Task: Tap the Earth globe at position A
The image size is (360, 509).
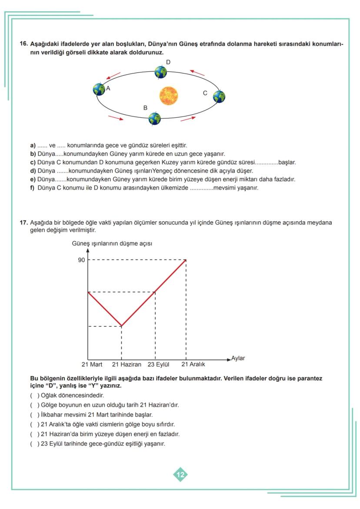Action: pos(99,89)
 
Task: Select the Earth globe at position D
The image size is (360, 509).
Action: pos(161,72)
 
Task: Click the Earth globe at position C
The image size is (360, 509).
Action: pos(219,96)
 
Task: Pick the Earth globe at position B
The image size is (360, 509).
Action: pos(154,118)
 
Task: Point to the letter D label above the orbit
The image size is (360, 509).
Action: pos(168,62)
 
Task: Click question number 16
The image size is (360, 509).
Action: pos(24,44)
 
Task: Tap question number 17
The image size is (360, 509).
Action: pos(24,223)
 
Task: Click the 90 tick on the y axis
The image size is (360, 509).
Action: pos(81,260)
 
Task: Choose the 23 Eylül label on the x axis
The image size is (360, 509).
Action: pos(158,364)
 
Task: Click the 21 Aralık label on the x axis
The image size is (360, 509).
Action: pos(193,364)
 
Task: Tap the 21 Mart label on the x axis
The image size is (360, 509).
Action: pos(92,364)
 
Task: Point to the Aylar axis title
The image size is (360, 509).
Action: pos(238,358)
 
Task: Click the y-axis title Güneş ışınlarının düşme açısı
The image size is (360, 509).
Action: pos(112,243)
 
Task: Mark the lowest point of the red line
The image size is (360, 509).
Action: pos(121,326)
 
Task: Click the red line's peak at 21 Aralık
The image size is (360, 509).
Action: pos(186,260)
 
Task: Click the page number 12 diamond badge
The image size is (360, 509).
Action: pos(180,474)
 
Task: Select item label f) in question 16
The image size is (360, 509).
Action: pos(33,188)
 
